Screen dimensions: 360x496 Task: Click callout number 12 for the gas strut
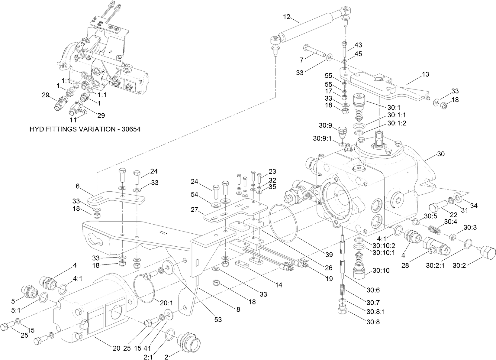click(286, 17)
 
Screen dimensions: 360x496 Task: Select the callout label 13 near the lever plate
click(425, 74)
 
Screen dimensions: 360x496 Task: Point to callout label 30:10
click(381, 271)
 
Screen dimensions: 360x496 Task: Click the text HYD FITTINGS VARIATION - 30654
click(85, 129)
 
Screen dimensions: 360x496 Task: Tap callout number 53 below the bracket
click(217, 319)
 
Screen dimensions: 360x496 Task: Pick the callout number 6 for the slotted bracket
click(78, 186)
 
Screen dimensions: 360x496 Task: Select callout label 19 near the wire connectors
click(329, 278)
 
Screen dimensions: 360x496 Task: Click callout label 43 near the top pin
click(358, 45)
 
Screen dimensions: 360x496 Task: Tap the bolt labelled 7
click(314, 51)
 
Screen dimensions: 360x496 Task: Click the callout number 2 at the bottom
click(166, 357)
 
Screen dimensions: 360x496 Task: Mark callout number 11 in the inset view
click(73, 120)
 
